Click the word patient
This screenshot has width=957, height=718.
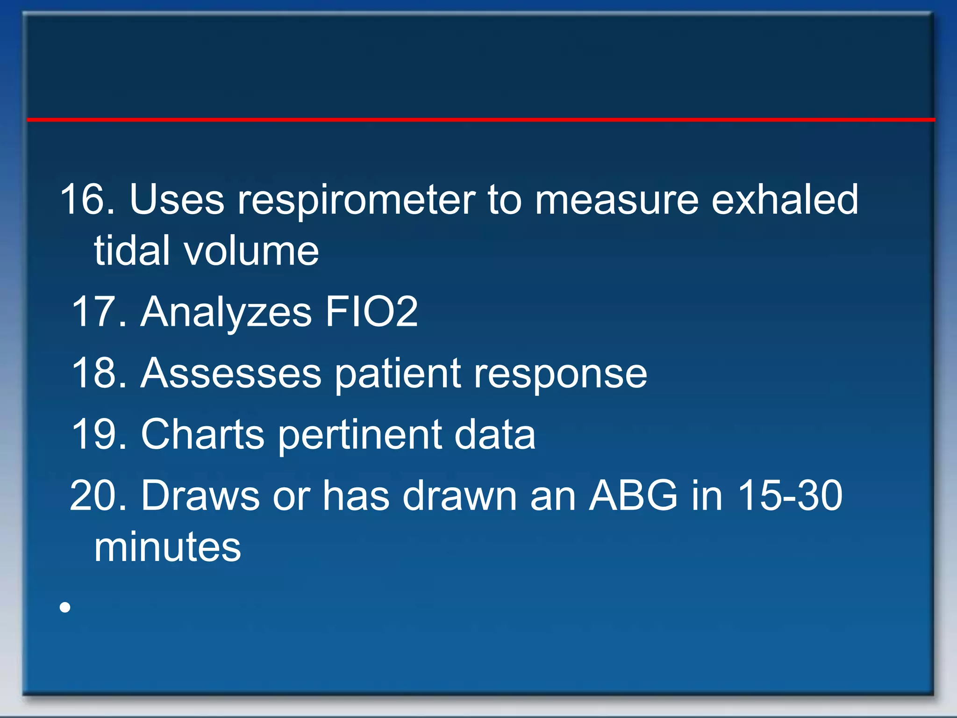[x=398, y=374]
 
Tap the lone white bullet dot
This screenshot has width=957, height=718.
[x=65, y=607]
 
